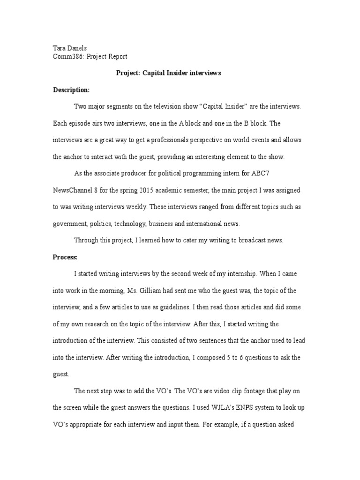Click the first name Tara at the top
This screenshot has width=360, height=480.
[58, 48]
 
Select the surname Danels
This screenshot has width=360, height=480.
[77, 48]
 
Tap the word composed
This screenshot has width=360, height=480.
[210, 357]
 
